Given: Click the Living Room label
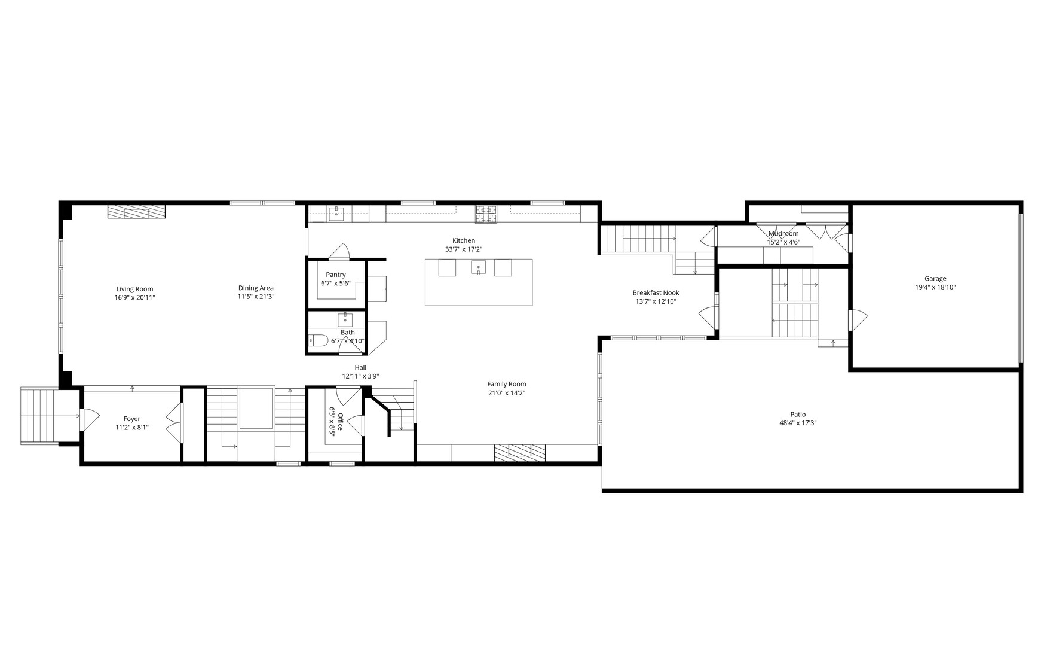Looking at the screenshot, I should coord(134,289).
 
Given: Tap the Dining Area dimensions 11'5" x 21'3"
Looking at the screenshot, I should coord(256,297).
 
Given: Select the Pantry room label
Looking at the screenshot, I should coord(336,275).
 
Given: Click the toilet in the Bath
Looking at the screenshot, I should coord(319,341).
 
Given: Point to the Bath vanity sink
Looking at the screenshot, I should coord(346,319).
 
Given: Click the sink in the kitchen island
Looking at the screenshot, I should coord(478,267).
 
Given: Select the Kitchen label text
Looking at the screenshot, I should coord(463,241).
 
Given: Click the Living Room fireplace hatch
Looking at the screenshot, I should coord(136,212).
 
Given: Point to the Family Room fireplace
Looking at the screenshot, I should coord(520,452).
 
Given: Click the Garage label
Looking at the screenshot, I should coord(935,279).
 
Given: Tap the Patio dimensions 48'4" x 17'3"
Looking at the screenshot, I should coord(798,423).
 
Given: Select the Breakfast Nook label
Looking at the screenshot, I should coord(656,293).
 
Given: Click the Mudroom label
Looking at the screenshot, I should coord(783,234).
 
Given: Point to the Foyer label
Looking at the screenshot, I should coord(132,419).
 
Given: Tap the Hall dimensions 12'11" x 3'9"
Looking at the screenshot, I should coord(360,376).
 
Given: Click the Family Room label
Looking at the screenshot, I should coord(506,384).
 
